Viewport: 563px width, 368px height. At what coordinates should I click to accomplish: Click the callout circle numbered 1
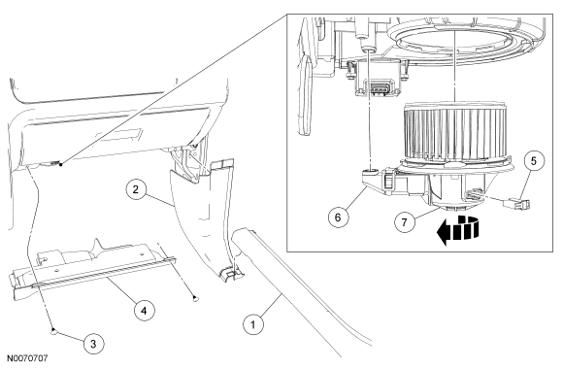(253, 325)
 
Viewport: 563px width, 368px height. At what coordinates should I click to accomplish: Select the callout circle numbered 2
(135, 189)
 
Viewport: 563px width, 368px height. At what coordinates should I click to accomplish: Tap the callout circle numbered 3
(93, 344)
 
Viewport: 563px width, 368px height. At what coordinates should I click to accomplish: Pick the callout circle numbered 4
(144, 310)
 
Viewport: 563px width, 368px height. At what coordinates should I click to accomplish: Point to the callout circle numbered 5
(534, 161)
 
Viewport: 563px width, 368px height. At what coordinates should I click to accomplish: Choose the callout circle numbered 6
(338, 217)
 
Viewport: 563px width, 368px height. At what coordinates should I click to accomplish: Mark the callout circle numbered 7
(405, 222)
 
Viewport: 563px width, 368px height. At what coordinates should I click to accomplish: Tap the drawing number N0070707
(27, 358)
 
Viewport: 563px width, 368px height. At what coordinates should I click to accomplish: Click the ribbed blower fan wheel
(455, 132)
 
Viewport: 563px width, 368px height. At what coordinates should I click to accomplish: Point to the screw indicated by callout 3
(53, 331)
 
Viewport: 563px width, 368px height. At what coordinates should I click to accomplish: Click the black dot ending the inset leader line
(61, 164)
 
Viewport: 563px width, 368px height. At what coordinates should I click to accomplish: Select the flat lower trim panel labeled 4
(92, 268)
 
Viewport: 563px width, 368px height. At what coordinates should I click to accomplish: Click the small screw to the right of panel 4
(194, 298)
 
